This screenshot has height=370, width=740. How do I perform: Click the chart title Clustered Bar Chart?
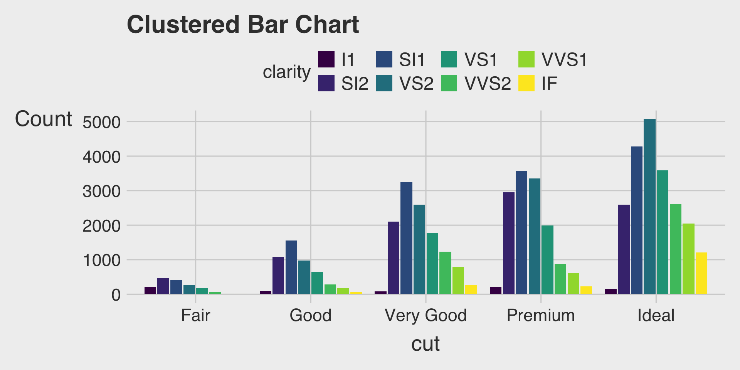243,25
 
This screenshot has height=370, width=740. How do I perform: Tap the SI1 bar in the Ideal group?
637,220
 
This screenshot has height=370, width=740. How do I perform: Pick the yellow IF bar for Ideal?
701,273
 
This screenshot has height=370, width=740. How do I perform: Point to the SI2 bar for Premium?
509,243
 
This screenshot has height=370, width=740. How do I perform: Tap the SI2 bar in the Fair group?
163,286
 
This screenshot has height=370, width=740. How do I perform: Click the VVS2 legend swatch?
449,83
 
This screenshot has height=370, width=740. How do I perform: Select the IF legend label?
549,84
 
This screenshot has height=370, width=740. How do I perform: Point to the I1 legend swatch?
326,59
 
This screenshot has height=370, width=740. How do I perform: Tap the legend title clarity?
286,72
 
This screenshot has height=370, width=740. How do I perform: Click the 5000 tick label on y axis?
102,122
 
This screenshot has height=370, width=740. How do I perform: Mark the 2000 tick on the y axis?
102,225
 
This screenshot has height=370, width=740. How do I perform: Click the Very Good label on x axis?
425,315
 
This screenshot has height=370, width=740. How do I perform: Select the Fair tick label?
195,315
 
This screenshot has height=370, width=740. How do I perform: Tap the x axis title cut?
425,343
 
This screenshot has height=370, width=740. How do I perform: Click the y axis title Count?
44,119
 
